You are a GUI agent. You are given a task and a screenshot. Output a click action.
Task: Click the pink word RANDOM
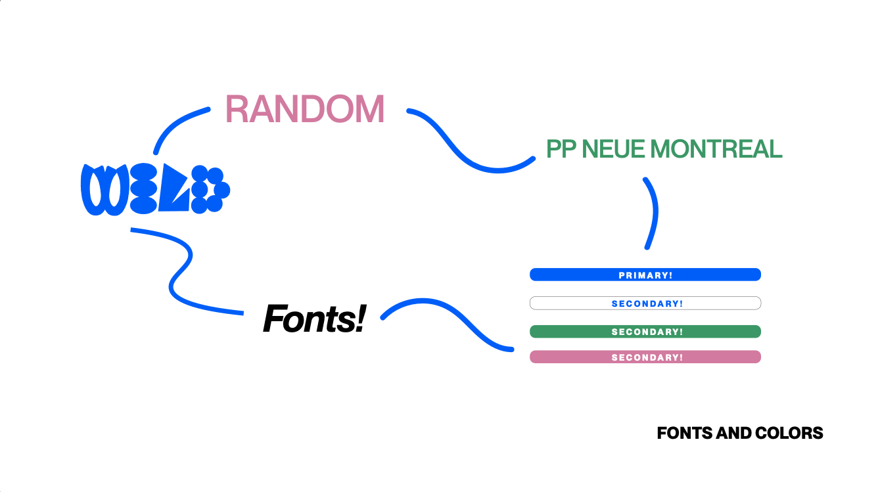(x=304, y=110)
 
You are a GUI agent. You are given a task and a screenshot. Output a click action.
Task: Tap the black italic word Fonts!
(x=313, y=319)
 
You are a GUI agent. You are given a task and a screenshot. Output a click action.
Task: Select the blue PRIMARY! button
(x=645, y=275)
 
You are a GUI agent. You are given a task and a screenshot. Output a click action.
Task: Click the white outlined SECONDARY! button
(x=645, y=303)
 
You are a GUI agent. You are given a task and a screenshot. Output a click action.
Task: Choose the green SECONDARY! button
(x=645, y=332)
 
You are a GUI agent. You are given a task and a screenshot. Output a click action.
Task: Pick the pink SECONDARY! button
(x=645, y=357)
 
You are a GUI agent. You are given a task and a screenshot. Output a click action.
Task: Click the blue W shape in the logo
(x=104, y=190)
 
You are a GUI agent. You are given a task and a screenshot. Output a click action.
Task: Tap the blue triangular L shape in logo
(x=174, y=191)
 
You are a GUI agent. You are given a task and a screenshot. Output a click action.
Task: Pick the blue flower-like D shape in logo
(x=210, y=190)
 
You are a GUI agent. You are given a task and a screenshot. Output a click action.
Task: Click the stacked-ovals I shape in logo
(x=143, y=190)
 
